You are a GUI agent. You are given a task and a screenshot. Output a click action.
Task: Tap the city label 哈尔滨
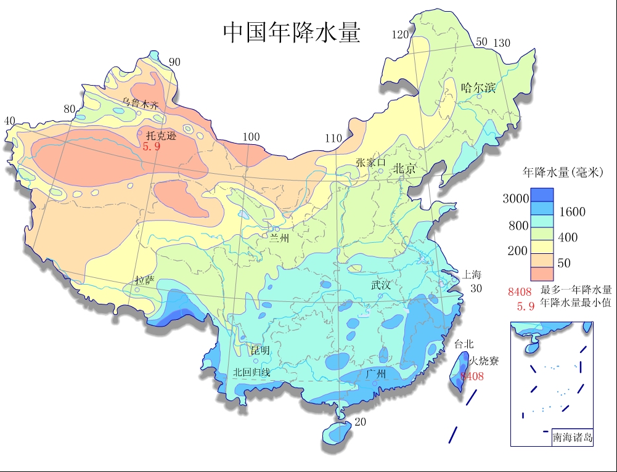(478, 87)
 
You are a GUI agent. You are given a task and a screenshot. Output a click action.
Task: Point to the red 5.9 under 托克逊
(152, 147)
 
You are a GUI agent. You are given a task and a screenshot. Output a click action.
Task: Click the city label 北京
(405, 168)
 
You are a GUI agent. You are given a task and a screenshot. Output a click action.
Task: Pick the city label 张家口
(370, 163)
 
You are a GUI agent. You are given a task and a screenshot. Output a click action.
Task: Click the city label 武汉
(380, 285)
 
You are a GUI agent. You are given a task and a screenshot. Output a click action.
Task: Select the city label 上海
(473, 274)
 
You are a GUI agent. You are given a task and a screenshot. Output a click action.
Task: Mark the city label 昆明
(260, 350)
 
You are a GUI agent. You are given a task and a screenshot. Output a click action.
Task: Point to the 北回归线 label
(251, 372)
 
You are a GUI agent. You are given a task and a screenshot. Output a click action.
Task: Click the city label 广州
(375, 373)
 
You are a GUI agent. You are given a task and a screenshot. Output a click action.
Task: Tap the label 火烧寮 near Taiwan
(484, 361)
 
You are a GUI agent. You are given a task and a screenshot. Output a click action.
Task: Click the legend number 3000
(515, 198)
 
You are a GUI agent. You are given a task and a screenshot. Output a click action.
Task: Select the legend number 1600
(572, 212)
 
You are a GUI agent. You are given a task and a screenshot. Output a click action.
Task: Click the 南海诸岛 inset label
(573, 437)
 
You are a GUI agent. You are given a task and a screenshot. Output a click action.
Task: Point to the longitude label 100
(251, 137)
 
